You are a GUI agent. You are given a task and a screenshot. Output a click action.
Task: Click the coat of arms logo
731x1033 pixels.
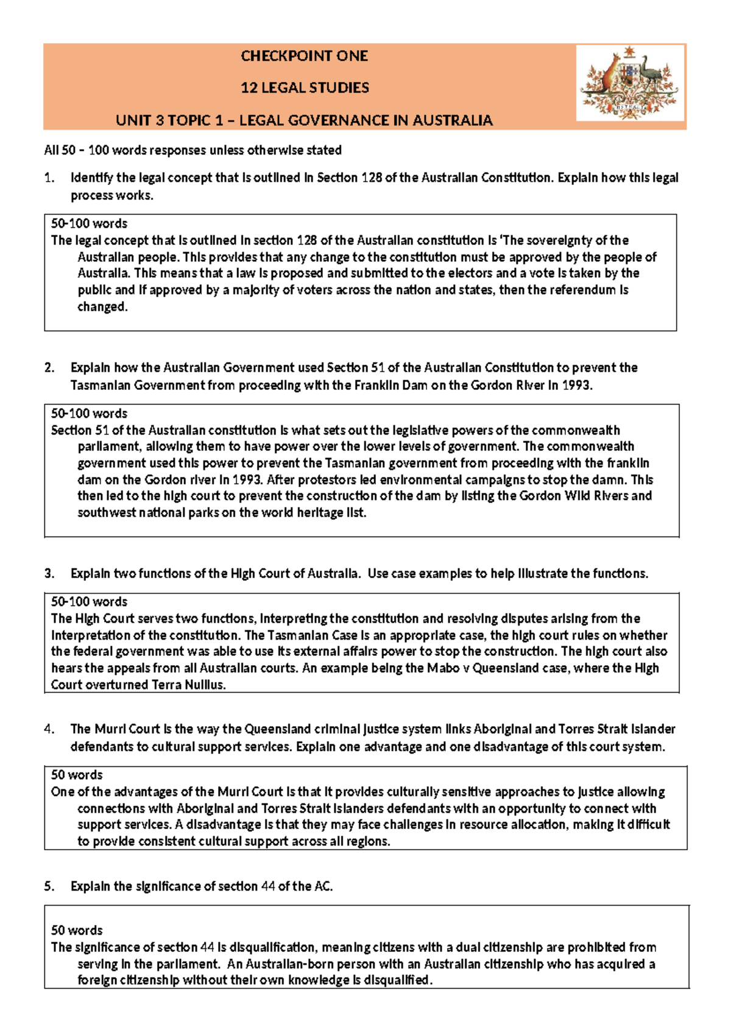pyautogui.click(x=630, y=83)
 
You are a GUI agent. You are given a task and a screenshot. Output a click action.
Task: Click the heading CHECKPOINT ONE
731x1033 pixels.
pyautogui.click(x=304, y=56)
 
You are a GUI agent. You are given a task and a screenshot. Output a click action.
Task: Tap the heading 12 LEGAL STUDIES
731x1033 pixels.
pyautogui.click(x=305, y=88)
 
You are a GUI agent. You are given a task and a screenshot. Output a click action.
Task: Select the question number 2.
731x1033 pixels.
pyautogui.click(x=49, y=367)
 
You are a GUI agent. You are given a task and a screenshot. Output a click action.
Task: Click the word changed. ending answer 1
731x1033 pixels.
pyautogui.click(x=102, y=307)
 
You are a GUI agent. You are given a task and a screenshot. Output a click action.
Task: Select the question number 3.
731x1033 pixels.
pyautogui.click(x=49, y=573)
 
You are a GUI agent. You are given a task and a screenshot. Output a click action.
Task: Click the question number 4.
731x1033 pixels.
pyautogui.click(x=49, y=729)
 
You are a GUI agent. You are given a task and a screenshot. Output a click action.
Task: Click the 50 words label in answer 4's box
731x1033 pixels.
pyautogui.click(x=77, y=775)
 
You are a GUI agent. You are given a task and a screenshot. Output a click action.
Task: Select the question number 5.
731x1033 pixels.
pyautogui.click(x=49, y=886)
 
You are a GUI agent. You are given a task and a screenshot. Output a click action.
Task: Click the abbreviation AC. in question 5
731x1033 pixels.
pyautogui.click(x=323, y=886)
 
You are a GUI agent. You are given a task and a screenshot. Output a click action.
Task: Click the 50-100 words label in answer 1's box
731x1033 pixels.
pyautogui.click(x=89, y=224)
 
